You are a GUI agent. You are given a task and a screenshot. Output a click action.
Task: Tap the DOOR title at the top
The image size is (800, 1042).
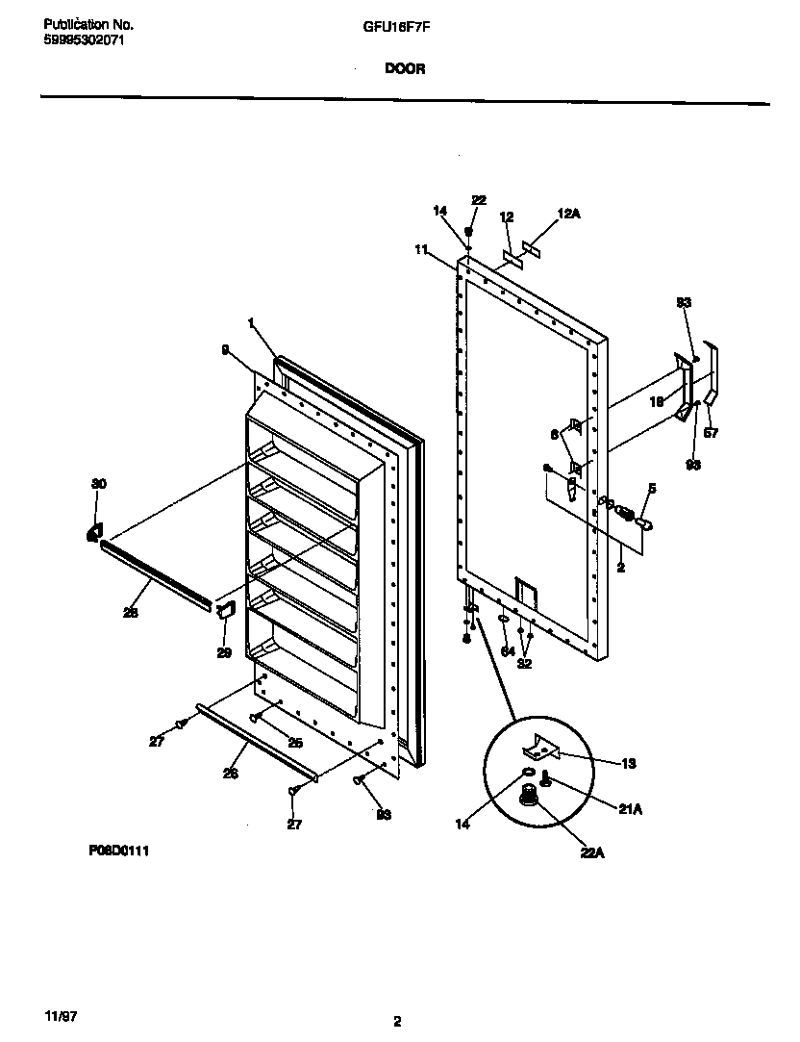(x=405, y=68)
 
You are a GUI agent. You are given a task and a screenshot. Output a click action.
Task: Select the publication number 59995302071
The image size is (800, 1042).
(x=84, y=40)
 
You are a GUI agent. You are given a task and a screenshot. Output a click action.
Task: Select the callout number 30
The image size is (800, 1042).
(x=98, y=484)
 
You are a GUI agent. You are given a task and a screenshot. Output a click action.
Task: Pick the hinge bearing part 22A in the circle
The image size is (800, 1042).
(x=528, y=795)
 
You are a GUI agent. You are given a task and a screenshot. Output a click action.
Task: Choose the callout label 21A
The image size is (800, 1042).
(x=630, y=809)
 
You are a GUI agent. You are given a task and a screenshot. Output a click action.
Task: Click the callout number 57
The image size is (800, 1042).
(x=712, y=434)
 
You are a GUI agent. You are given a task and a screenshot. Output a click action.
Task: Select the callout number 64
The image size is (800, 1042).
(x=508, y=651)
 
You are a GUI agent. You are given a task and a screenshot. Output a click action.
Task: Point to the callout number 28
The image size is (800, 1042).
(x=131, y=612)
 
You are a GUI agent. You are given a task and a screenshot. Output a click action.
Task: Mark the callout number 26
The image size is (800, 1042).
(x=231, y=773)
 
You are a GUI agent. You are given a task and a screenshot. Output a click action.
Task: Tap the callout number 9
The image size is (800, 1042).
(x=224, y=351)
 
